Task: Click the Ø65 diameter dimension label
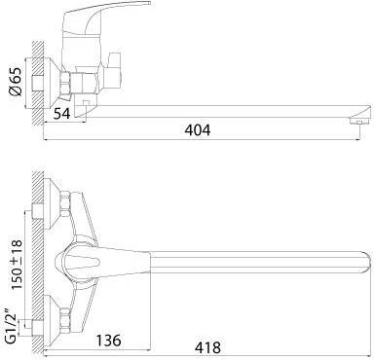pyautogui.click(x=16, y=82)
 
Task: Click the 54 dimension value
pyautogui.click(x=61, y=113)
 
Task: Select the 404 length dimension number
pyautogui.click(x=198, y=130)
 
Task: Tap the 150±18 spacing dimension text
pyautogui.click(x=16, y=265)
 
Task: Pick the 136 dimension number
pyautogui.click(x=108, y=341)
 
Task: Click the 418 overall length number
pyautogui.click(x=207, y=347)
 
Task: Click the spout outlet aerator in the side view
pyautogui.click(x=359, y=122)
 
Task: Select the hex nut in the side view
pyautogui.click(x=66, y=83)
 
